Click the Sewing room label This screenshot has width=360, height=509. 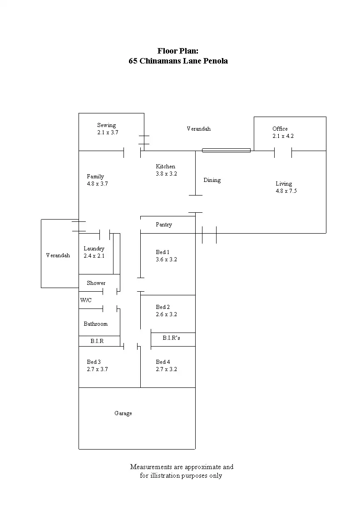pyautogui.click(x=107, y=125)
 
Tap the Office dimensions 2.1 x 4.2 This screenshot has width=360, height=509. pyautogui.click(x=283, y=136)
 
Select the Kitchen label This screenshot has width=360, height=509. pyautogui.click(x=165, y=166)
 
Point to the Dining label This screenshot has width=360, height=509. pyautogui.click(x=212, y=180)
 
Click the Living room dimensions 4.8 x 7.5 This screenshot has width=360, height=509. pyautogui.click(x=286, y=191)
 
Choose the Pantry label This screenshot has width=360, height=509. pyautogui.click(x=164, y=225)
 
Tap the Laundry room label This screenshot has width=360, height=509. pyautogui.click(x=94, y=249)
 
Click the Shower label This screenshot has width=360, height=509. pyautogui.click(x=96, y=283)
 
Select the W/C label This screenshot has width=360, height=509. pyautogui.click(x=86, y=300)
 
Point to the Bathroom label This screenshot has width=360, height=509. pyautogui.click(x=95, y=324)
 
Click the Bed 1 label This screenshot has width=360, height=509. pyautogui.click(x=163, y=252)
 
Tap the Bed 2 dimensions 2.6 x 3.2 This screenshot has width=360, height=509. pyautogui.click(x=166, y=314)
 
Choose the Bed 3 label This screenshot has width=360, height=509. pyautogui.click(x=94, y=362)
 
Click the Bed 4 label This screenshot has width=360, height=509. pyautogui.click(x=163, y=362)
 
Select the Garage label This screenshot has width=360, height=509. pyautogui.click(x=123, y=414)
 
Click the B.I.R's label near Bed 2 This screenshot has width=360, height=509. pyautogui.click(x=171, y=338)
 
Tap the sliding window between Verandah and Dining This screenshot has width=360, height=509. pyautogui.click(x=226, y=150)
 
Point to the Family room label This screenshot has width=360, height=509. pyautogui.click(x=95, y=176)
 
